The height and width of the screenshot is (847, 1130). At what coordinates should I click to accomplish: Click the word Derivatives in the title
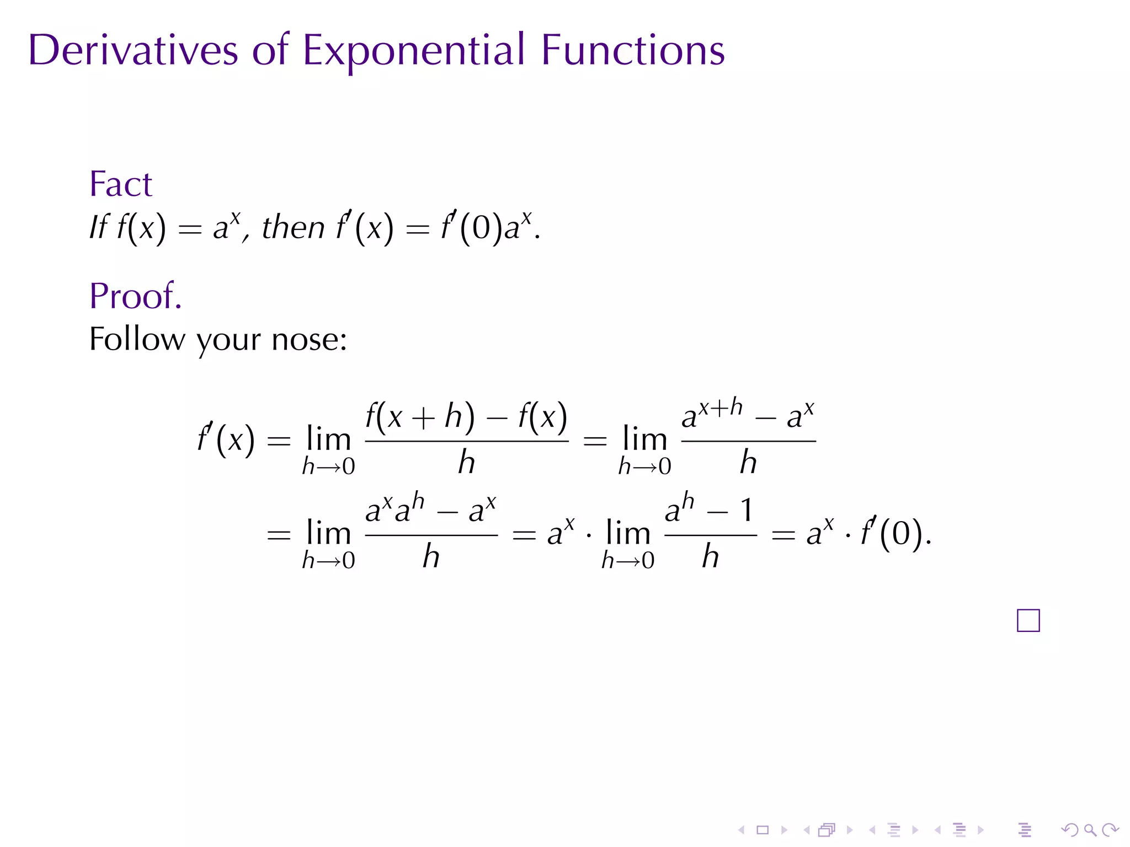click(133, 50)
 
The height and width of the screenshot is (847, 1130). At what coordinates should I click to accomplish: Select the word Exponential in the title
click(413, 51)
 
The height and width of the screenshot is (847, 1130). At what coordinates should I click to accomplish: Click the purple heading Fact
click(120, 184)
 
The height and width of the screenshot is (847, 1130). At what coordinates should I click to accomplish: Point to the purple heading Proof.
click(135, 296)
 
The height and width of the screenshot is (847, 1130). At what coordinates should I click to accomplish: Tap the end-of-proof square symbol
click(1028, 620)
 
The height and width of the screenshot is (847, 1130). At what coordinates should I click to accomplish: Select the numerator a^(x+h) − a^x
click(748, 415)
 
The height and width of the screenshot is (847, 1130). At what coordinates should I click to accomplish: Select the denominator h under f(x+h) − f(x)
click(466, 462)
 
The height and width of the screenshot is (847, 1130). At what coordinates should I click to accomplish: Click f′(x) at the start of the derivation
click(226, 440)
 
